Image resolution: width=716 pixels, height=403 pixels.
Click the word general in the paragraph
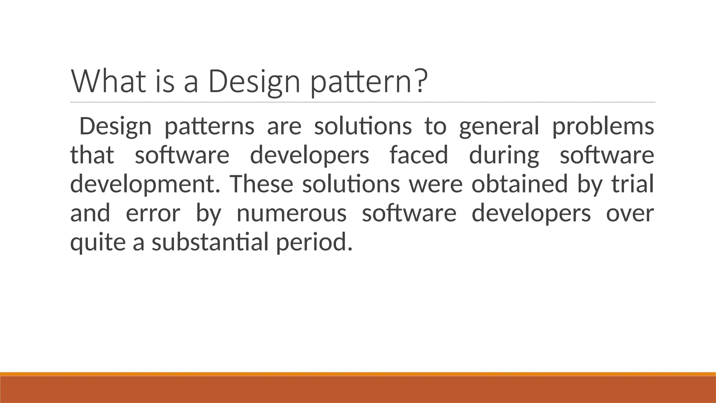[499, 127]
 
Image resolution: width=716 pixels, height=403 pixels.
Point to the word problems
[603, 127]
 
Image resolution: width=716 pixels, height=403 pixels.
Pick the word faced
[418, 155]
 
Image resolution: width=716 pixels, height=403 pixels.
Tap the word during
[504, 156]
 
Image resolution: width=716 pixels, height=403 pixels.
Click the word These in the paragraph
[262, 184]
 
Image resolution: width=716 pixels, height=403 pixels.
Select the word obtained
[519, 184]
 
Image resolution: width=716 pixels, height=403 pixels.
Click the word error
[153, 213]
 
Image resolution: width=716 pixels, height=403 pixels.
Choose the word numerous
[292, 213]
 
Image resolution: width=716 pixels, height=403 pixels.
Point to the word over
[630, 213]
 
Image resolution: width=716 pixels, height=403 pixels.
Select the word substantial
[210, 242]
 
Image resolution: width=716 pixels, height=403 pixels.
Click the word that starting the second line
[92, 155]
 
